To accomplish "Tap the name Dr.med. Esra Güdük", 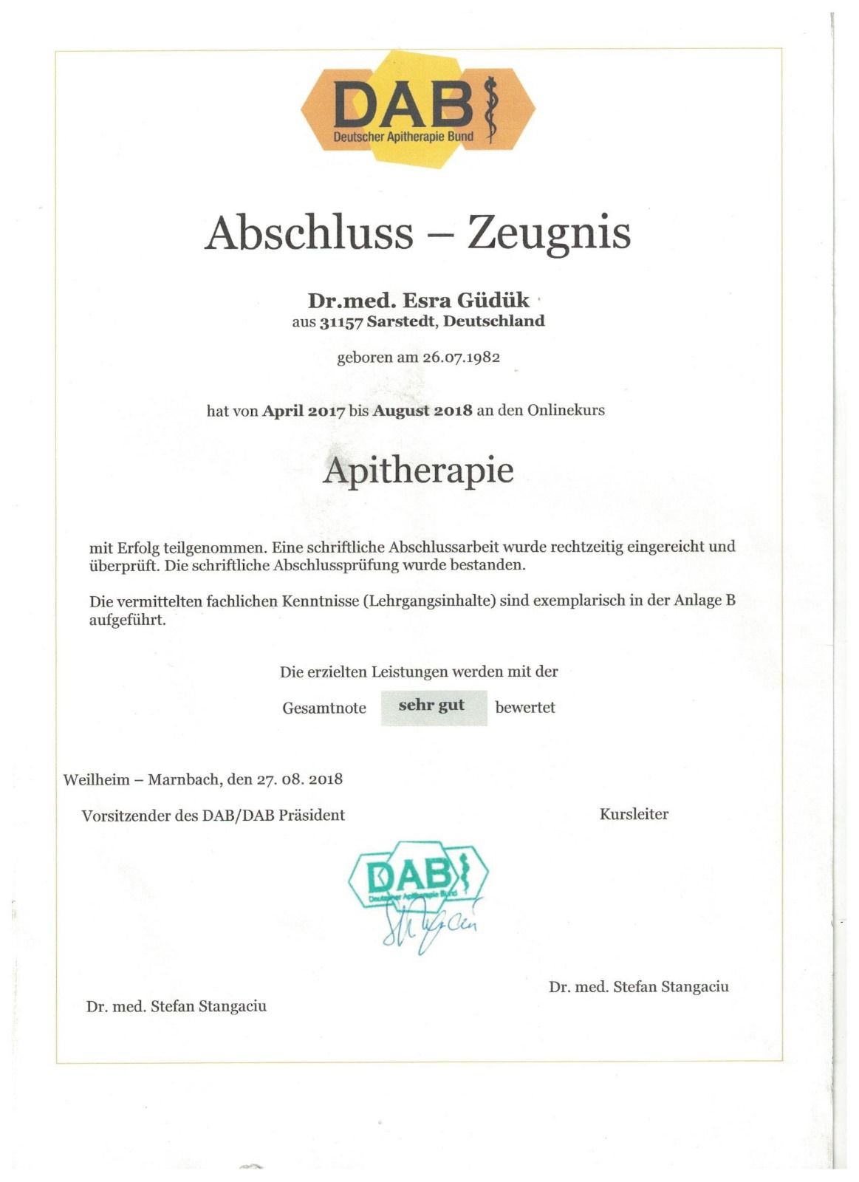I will (418, 301).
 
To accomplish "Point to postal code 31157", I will (342, 322).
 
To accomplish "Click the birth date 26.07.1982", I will (461, 358).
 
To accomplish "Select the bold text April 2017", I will (304, 411).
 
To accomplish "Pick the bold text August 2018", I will (422, 411).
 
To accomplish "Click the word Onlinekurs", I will (566, 410).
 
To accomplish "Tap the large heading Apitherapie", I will (418, 471).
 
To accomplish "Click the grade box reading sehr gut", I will (434, 707).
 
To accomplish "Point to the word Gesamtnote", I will (324, 708).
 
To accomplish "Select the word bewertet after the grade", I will (525, 708).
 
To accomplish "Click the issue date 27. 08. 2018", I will (299, 779).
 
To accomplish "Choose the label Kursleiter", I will (634, 815).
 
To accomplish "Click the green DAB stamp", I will (417, 875).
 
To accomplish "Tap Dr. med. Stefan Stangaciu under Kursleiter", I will (638, 987).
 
